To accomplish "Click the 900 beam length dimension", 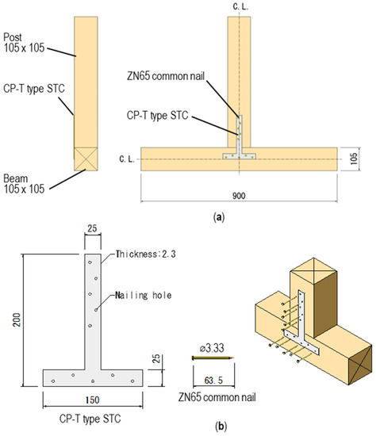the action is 239,196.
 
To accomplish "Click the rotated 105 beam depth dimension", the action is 354,159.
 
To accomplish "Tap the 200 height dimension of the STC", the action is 17,319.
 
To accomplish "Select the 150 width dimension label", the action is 92,400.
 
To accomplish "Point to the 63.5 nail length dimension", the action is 213,380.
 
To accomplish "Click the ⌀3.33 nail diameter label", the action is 212,348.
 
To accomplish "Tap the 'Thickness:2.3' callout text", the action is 145,254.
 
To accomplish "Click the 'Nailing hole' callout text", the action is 144,295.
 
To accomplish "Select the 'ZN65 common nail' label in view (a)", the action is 166,76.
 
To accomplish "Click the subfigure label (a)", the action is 219,217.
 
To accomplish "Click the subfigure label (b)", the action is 221,426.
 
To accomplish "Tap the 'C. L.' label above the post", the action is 240,6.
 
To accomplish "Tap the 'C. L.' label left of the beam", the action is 127,159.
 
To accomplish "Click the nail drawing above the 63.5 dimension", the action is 213,358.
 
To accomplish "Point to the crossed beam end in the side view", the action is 86,159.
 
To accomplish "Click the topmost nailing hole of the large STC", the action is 90,262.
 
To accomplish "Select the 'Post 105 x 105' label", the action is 24,43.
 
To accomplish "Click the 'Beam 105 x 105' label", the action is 24,184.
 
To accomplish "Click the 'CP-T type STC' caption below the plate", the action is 90,419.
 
